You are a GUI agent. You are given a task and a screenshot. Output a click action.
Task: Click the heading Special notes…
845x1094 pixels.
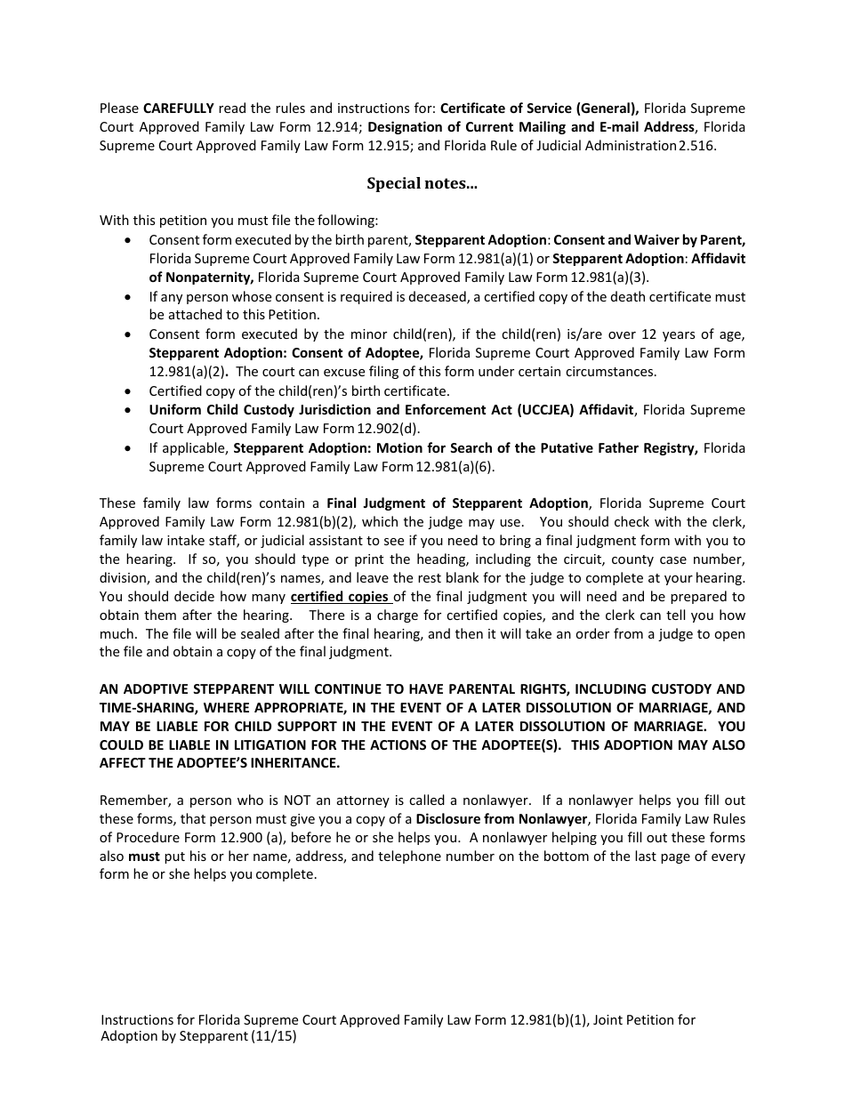422,183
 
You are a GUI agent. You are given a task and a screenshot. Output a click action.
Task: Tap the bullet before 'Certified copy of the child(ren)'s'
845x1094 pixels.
131,391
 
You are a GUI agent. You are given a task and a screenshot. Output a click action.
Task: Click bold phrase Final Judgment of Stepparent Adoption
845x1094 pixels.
457,503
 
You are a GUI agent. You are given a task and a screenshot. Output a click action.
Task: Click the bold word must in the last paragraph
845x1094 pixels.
144,857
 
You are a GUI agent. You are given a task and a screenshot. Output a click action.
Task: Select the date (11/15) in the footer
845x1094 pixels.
275,1036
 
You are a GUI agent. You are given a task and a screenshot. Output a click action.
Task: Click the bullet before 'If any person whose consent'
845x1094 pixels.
131,297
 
